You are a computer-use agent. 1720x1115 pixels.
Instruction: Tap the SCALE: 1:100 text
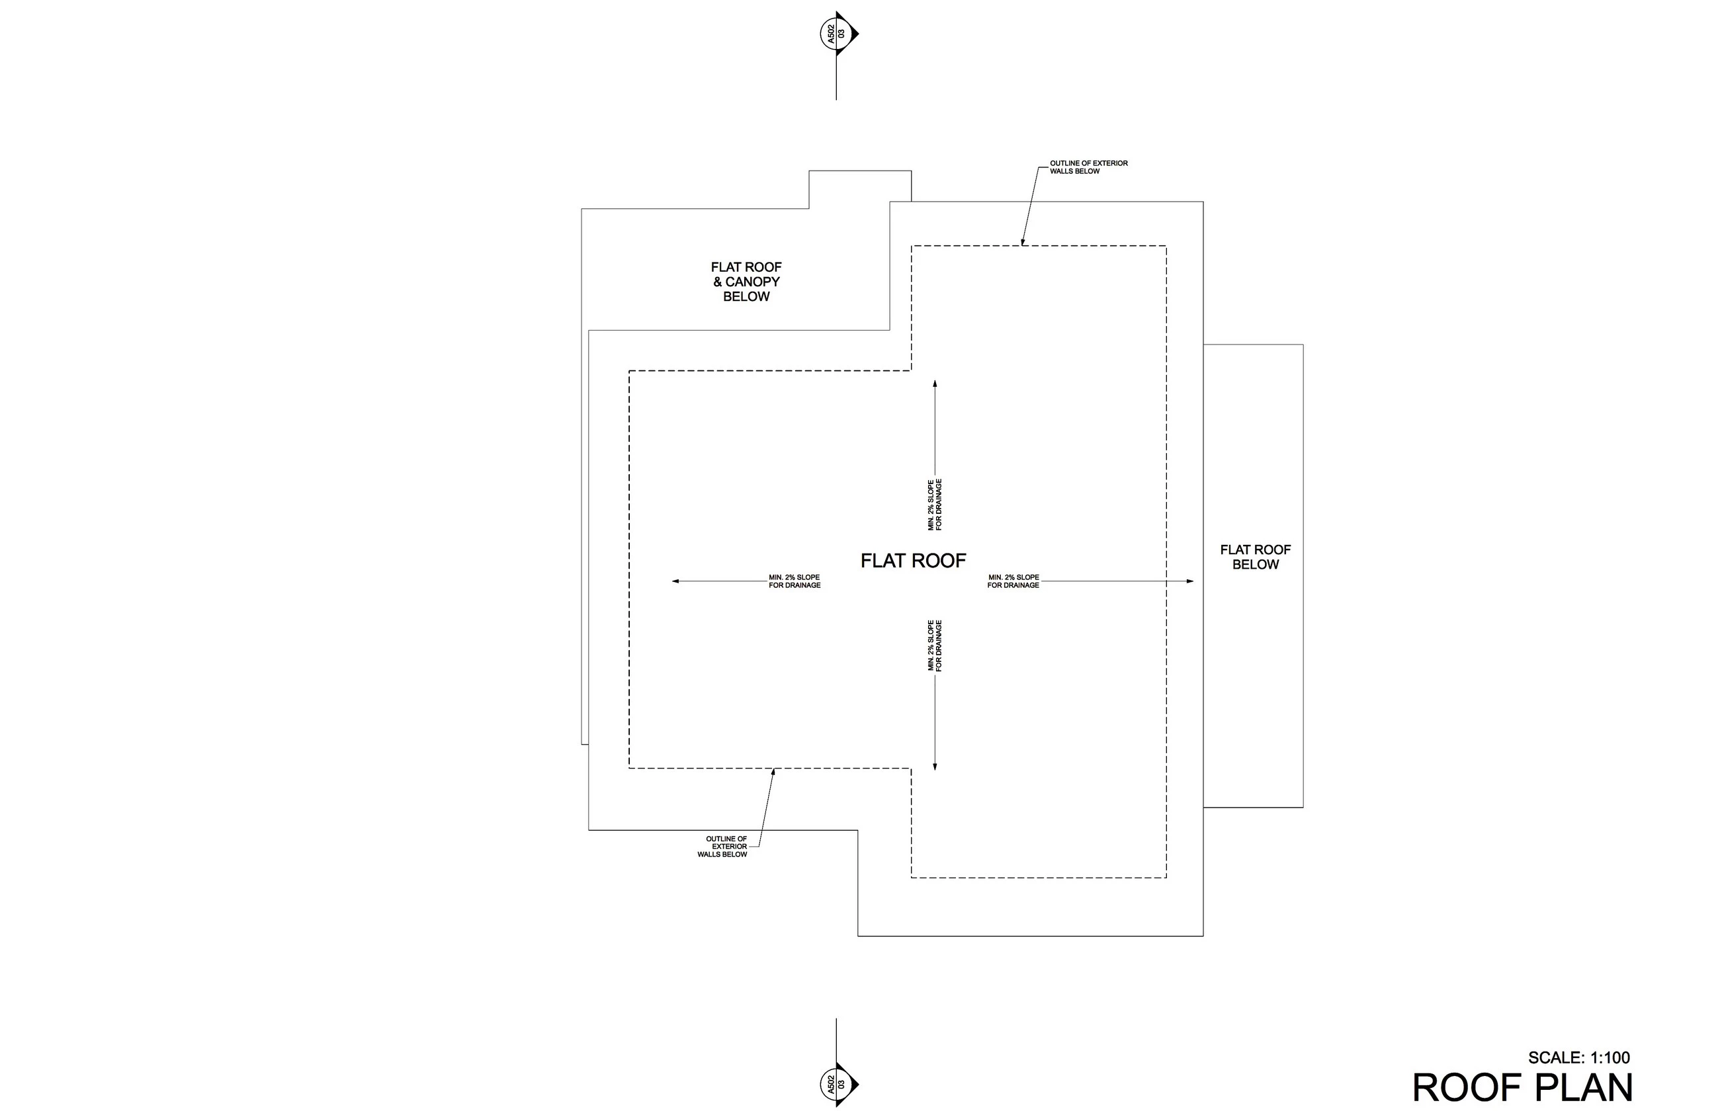tap(1578, 1058)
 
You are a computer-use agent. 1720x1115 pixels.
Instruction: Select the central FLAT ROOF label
tap(913, 561)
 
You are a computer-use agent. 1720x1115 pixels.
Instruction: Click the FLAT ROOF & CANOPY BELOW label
tap(746, 282)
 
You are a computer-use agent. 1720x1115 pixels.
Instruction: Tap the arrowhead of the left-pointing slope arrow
tap(675, 581)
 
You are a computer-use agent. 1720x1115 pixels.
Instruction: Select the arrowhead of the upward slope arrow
tap(935, 384)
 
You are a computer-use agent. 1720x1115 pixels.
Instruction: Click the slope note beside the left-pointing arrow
tap(795, 581)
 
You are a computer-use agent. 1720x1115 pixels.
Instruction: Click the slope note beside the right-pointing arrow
tap(1013, 581)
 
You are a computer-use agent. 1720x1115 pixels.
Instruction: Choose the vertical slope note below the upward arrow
tap(935, 505)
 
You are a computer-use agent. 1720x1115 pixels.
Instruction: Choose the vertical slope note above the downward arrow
tap(935, 645)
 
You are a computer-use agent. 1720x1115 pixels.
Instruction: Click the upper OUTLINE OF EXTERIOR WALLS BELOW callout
tap(1088, 167)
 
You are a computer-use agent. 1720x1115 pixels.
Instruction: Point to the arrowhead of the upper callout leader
tap(1023, 243)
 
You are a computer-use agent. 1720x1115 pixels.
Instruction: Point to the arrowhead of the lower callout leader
tap(773, 771)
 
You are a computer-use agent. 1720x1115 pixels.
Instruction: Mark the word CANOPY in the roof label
tap(752, 282)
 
